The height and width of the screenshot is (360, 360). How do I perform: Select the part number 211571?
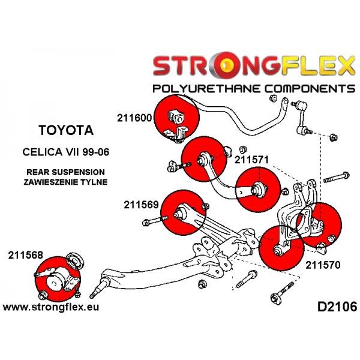pos(251,160)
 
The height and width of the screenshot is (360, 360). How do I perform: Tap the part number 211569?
pos(142,204)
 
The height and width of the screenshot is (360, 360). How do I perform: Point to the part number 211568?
pos(25,254)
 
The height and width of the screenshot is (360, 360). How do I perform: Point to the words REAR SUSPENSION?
pos(66,171)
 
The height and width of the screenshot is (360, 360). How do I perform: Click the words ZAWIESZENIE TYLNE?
pos(67,181)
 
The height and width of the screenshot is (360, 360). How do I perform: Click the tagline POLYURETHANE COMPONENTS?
pos(254,89)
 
